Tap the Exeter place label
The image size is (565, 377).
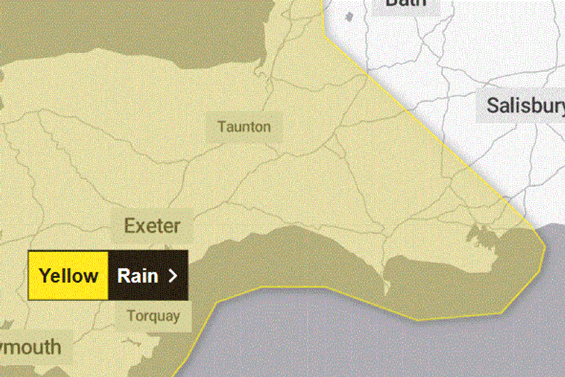coord(152,226)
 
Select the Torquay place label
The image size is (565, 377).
coord(153,316)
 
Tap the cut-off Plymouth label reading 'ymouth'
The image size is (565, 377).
coord(31,347)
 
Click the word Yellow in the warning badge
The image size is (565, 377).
coord(68,276)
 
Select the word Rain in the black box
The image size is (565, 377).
coord(138,276)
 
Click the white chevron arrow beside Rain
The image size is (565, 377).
coord(174,276)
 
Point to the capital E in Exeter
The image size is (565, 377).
coord(129,226)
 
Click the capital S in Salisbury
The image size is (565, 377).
coord(492,105)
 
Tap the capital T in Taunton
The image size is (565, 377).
coord(221,127)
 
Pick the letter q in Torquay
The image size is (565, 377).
coord(151,316)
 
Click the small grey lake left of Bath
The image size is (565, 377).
coord(348,15)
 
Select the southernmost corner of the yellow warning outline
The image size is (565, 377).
coord(419,320)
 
